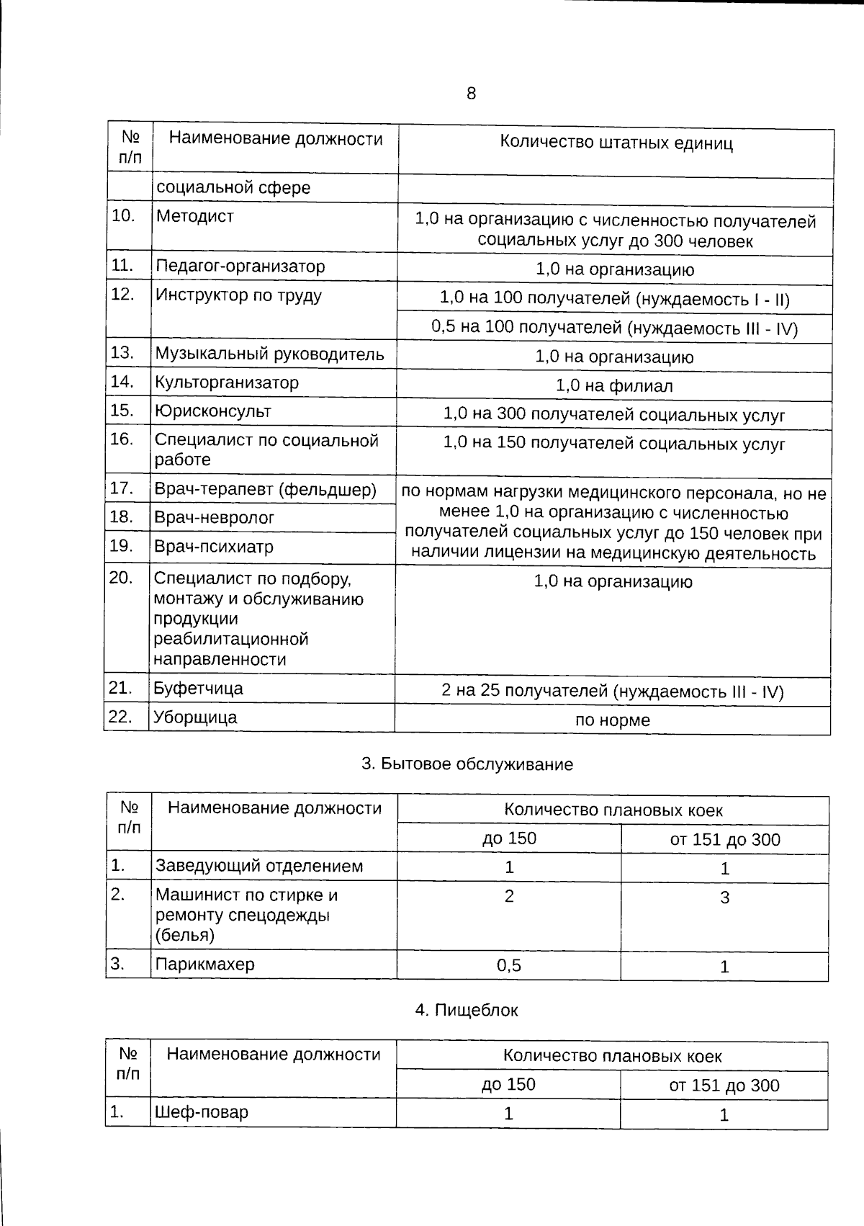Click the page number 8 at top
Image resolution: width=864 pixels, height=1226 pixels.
pos(472,94)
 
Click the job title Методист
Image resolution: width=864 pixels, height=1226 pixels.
pos(195,216)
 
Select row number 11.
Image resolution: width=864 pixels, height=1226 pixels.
pos(123,266)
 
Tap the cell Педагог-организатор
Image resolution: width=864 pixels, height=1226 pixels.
pos(240,267)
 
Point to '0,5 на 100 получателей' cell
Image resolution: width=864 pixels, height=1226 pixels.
pos(615,328)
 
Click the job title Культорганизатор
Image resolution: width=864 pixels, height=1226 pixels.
pos(227,382)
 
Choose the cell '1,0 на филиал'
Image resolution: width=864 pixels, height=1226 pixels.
pos(614,386)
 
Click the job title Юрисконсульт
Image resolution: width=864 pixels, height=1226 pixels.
pos(213,411)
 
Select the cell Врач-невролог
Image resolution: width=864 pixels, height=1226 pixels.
pos(215,518)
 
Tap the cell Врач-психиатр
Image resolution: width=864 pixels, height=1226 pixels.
pos(215,547)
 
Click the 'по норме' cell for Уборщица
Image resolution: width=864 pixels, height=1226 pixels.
pos(613,720)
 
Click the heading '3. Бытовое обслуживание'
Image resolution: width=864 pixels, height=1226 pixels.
pos(467,765)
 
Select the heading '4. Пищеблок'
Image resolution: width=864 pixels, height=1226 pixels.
pos(467,1011)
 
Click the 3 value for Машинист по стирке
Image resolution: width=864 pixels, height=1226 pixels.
pos(725,898)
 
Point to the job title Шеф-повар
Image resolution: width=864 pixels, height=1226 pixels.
pos(202,1112)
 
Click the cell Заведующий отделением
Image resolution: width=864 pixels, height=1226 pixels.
pos(259,867)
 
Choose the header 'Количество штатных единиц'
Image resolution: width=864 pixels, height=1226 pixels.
pos(616,143)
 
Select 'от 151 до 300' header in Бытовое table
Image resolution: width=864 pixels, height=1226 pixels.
pos(725,840)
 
